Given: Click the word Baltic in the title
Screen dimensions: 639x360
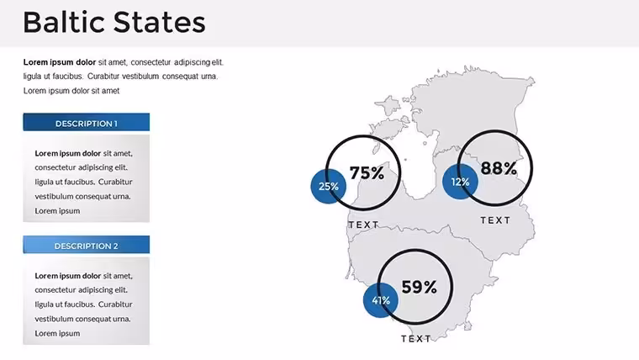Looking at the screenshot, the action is coord(65,22).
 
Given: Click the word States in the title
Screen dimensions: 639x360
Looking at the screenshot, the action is coord(160,23).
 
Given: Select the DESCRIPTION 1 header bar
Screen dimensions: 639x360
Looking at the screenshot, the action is coord(87,122).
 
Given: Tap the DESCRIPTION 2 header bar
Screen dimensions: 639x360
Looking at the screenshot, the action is coord(87,245).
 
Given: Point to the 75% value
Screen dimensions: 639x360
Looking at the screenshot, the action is coord(367,173).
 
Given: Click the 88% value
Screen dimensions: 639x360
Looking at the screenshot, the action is coord(499,168).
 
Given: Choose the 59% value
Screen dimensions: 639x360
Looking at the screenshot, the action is coord(419,287).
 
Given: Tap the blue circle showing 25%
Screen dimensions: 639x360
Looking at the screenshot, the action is coord(329,187).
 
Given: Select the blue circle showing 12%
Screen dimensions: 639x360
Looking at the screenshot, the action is coord(460,182).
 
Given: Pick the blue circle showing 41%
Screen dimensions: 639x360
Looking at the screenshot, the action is coord(381,300).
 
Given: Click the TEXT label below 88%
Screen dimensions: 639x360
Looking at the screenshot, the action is coord(495,220).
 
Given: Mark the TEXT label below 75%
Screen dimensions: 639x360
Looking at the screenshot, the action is coord(363,225).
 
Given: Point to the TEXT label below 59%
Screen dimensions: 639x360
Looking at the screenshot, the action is coord(416,339).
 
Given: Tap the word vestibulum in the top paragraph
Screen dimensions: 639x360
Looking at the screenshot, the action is coord(140,77).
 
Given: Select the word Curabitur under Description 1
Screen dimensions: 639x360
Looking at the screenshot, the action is coord(115,182).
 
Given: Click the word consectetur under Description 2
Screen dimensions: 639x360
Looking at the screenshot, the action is coord(55,290).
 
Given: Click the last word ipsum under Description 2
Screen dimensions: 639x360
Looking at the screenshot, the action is coord(69,333).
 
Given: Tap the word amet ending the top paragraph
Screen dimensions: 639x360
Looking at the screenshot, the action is coord(110,91).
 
